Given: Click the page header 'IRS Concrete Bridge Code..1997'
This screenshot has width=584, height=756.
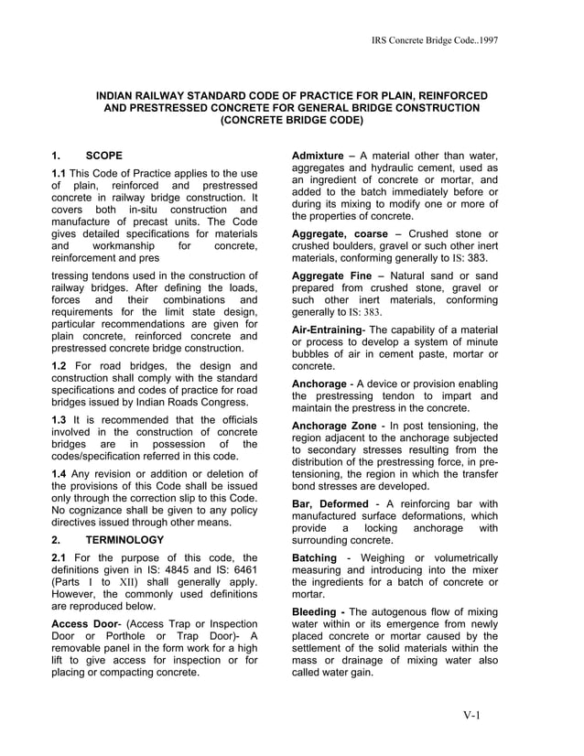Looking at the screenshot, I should (x=435, y=41).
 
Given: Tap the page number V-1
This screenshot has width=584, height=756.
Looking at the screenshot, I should (x=472, y=715).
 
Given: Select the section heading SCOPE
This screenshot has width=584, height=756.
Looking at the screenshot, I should (x=103, y=155).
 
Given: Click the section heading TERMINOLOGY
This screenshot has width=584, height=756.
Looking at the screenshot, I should (x=124, y=540).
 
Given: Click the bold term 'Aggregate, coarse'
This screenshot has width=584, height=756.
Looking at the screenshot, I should (x=340, y=233).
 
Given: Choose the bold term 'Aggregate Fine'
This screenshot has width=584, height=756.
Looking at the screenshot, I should (x=333, y=275).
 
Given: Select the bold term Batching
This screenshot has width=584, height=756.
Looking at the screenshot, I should (x=315, y=557).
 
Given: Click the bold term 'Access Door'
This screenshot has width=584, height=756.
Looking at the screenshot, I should (x=86, y=628).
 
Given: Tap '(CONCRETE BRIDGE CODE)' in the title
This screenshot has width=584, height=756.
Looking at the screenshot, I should (x=292, y=120).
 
